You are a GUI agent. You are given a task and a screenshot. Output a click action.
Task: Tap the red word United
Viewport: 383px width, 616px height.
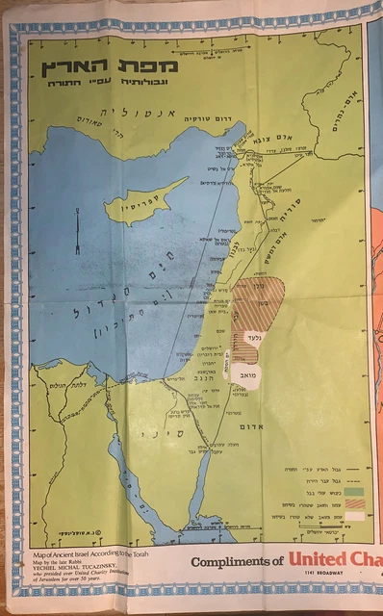323,562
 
